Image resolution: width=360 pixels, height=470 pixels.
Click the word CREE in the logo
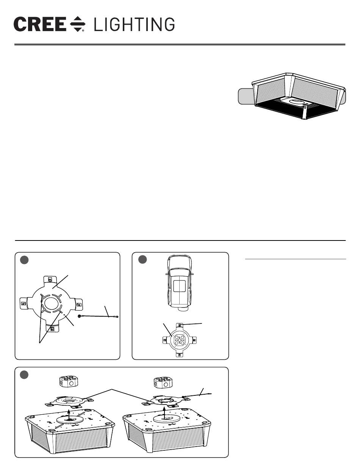tap(40, 25)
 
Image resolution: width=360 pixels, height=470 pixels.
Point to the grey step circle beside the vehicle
tap(143, 260)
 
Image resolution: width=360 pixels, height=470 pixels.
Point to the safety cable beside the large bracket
tap(99, 316)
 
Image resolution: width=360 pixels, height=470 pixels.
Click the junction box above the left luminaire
tap(69, 383)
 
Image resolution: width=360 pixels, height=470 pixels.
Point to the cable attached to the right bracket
tap(199, 395)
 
